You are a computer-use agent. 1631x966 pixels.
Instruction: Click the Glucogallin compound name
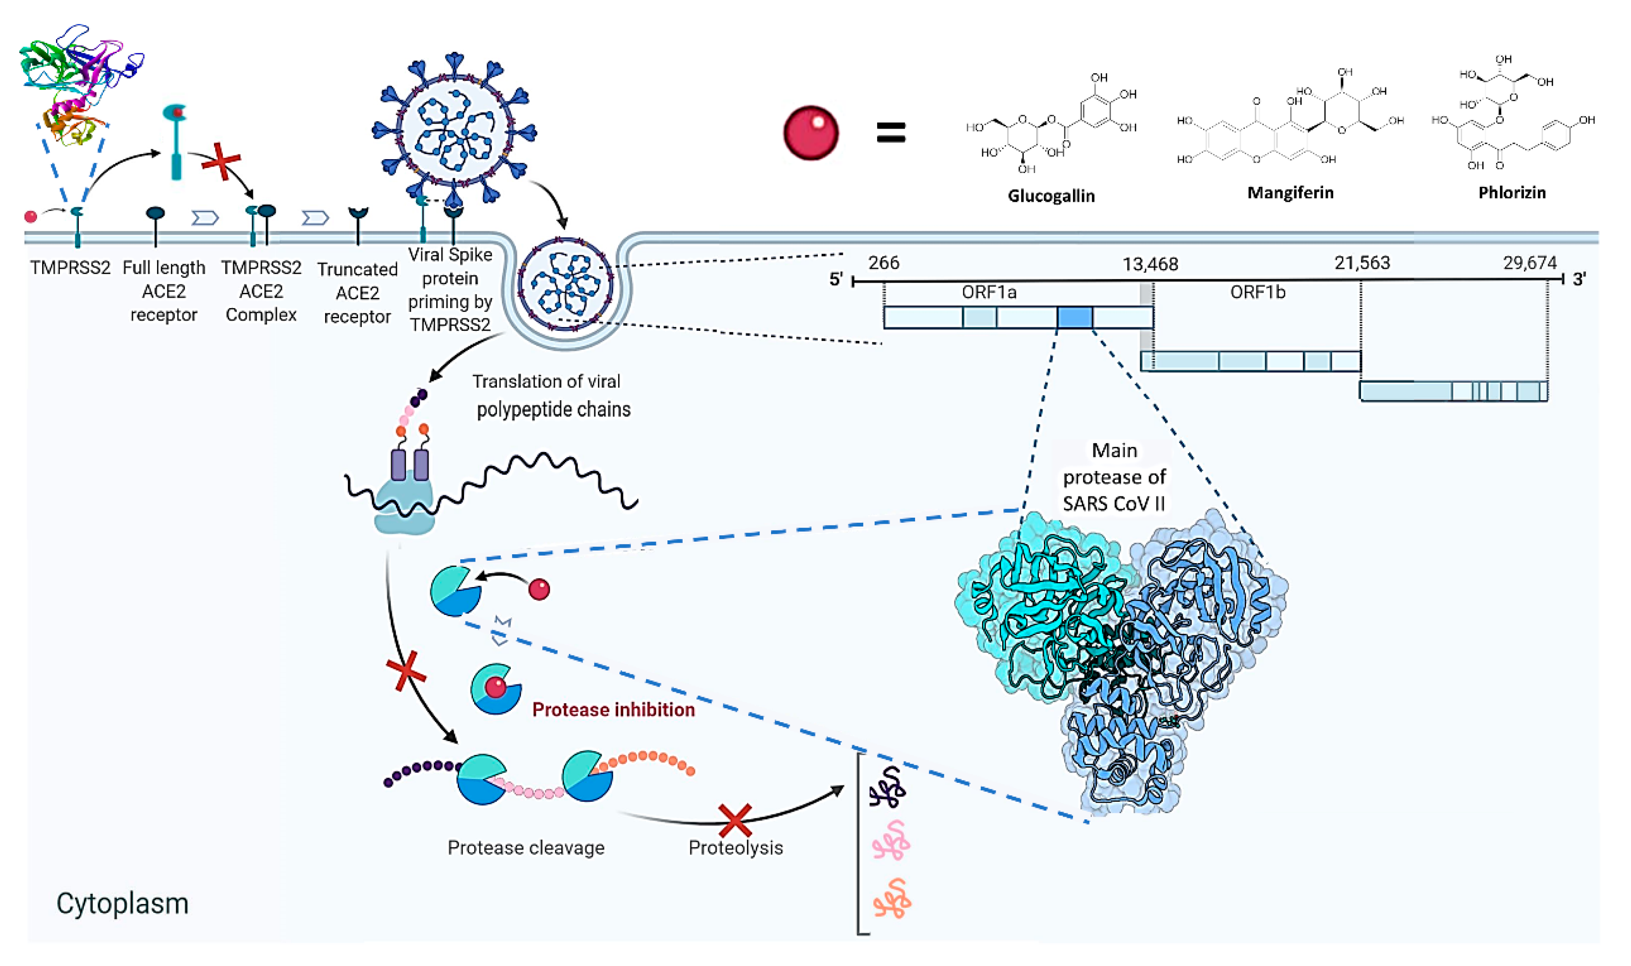point(1051,196)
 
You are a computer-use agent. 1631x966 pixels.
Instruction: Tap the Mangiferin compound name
point(1290,192)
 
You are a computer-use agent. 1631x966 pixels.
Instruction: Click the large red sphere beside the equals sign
point(811,133)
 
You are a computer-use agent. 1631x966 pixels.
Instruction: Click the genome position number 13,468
point(1150,264)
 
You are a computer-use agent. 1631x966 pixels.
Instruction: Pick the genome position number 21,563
point(1361,263)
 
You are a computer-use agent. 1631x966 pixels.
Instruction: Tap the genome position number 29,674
point(1530,263)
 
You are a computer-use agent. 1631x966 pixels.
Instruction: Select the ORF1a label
point(988,292)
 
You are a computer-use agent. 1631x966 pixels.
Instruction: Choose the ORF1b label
point(1257,292)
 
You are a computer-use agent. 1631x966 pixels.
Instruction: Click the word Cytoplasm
point(122,904)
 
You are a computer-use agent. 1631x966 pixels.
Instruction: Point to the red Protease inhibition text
point(613,710)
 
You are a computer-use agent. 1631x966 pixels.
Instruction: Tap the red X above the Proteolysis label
point(735,820)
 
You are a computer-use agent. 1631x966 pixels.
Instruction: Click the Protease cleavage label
point(526,848)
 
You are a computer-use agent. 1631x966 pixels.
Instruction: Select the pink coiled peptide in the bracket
point(891,840)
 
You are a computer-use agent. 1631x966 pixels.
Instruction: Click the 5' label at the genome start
point(836,279)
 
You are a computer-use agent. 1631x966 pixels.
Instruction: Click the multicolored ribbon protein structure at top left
point(78,81)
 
